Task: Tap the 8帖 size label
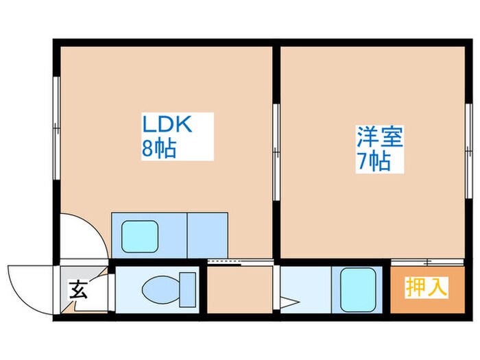[x=159, y=148]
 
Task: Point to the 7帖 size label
[x=374, y=161]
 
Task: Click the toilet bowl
[x=156, y=288]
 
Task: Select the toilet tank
[x=187, y=288]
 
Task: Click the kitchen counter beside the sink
[x=206, y=235]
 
